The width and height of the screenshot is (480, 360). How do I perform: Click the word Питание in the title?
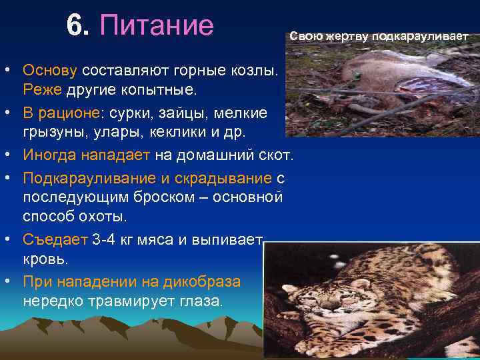point(157,26)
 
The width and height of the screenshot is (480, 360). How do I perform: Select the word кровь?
point(44,258)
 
